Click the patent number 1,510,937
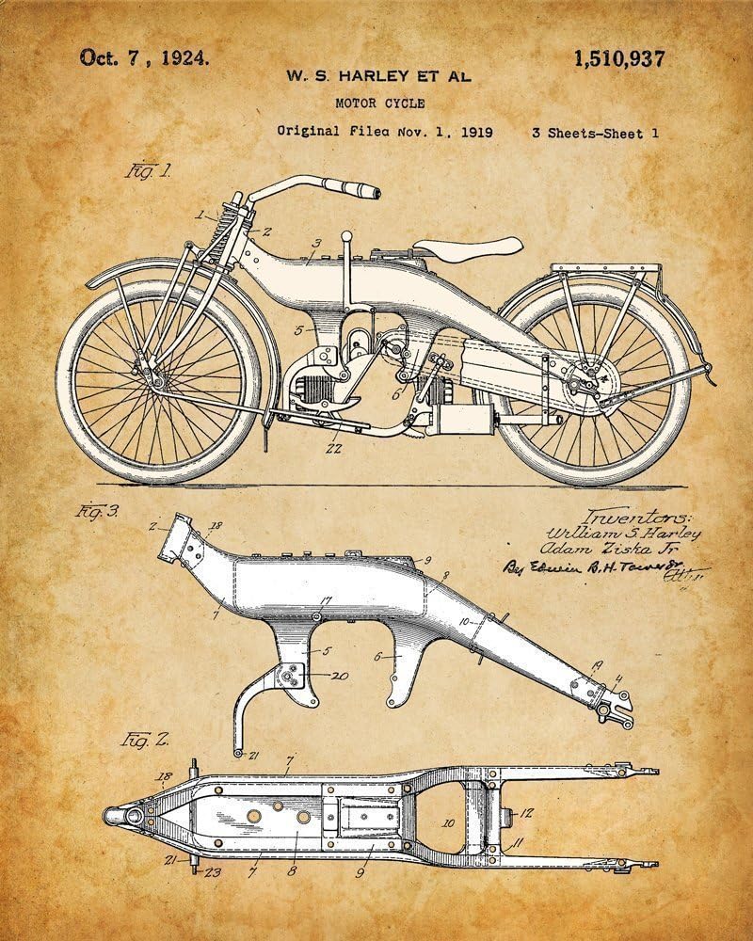[618, 58]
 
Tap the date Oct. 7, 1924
[144, 58]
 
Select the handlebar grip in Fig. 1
[364, 192]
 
